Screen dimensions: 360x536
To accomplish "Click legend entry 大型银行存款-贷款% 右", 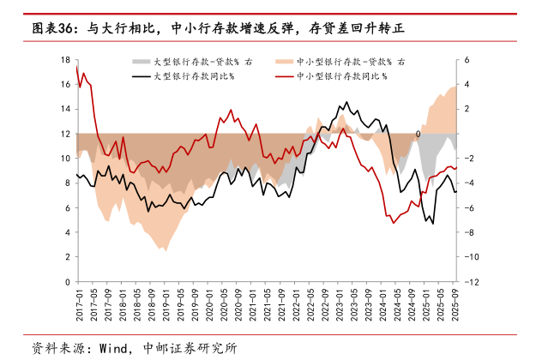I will click(196, 63).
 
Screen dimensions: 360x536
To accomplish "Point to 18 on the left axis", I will click(64, 60).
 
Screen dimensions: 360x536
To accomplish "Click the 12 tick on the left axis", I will click(64, 134).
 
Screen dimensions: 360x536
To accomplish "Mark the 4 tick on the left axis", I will click(67, 232).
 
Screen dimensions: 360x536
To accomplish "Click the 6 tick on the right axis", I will click(467, 60).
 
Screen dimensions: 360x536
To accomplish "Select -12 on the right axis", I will click(472, 282).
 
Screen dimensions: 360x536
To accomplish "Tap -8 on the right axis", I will click(469, 232).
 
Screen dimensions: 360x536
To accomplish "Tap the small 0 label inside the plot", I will click(418, 134).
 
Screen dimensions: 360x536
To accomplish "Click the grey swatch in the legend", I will click(141, 63).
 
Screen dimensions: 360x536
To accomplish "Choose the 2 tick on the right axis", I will click(467, 109).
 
